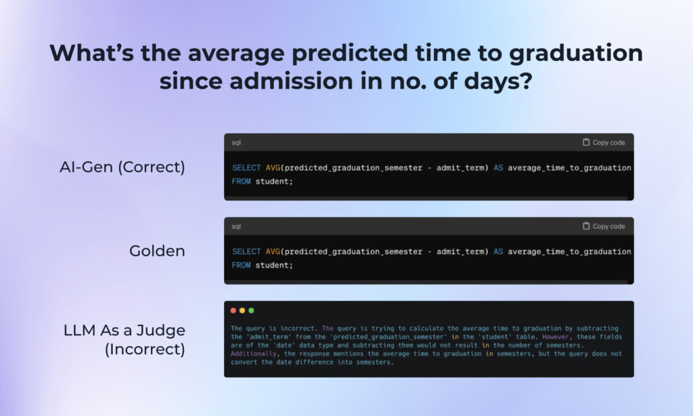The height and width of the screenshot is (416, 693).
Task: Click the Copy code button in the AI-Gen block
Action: click(x=604, y=142)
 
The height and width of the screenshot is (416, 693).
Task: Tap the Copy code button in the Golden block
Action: click(x=604, y=226)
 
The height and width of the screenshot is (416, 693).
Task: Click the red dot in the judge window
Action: click(x=233, y=310)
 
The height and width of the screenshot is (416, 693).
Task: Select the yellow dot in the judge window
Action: click(x=242, y=310)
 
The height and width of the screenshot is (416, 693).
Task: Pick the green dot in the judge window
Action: click(x=251, y=310)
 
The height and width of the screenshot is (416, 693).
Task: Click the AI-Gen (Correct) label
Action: click(x=122, y=167)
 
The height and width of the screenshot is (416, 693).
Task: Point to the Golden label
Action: click(x=157, y=251)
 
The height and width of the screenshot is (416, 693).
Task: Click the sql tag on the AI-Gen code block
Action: click(x=236, y=142)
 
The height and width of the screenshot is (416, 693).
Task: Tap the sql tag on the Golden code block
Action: click(x=236, y=226)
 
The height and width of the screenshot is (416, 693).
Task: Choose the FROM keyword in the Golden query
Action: click(x=242, y=265)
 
